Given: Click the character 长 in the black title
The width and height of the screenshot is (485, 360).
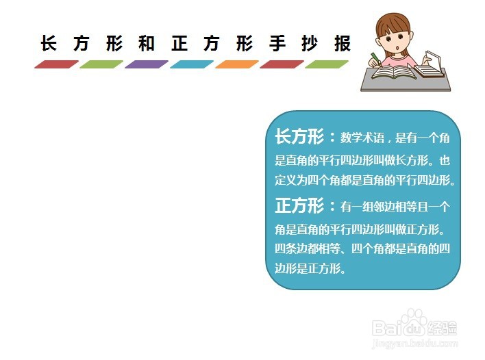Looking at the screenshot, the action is (x=49, y=43).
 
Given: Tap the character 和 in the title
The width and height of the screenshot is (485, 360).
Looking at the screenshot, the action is (x=147, y=43).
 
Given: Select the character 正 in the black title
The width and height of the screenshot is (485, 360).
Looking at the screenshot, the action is (x=179, y=43).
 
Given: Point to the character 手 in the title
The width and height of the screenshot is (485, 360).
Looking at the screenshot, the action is (x=277, y=43).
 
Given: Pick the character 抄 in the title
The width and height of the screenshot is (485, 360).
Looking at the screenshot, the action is (x=310, y=43).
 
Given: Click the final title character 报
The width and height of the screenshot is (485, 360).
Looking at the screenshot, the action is (x=343, y=43).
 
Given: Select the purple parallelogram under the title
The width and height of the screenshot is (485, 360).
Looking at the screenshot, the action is (x=147, y=64).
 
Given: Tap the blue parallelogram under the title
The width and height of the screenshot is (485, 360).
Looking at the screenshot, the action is (x=192, y=64).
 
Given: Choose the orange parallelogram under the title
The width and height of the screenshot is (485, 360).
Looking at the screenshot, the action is (x=237, y=64).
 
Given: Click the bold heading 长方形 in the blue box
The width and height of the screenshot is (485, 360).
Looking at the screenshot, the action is (x=299, y=137).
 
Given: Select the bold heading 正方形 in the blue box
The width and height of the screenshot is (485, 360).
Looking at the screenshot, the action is (x=299, y=205).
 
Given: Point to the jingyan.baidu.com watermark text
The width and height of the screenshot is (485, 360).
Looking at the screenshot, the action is (x=415, y=343).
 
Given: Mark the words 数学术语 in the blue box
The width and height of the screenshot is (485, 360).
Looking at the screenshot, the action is (x=362, y=138).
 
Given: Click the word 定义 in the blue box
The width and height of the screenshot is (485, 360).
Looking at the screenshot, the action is (x=286, y=180).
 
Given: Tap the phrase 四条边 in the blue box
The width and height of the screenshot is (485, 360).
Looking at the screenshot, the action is (x=291, y=248).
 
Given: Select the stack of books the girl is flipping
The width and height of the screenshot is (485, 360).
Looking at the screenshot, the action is (x=430, y=67).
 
